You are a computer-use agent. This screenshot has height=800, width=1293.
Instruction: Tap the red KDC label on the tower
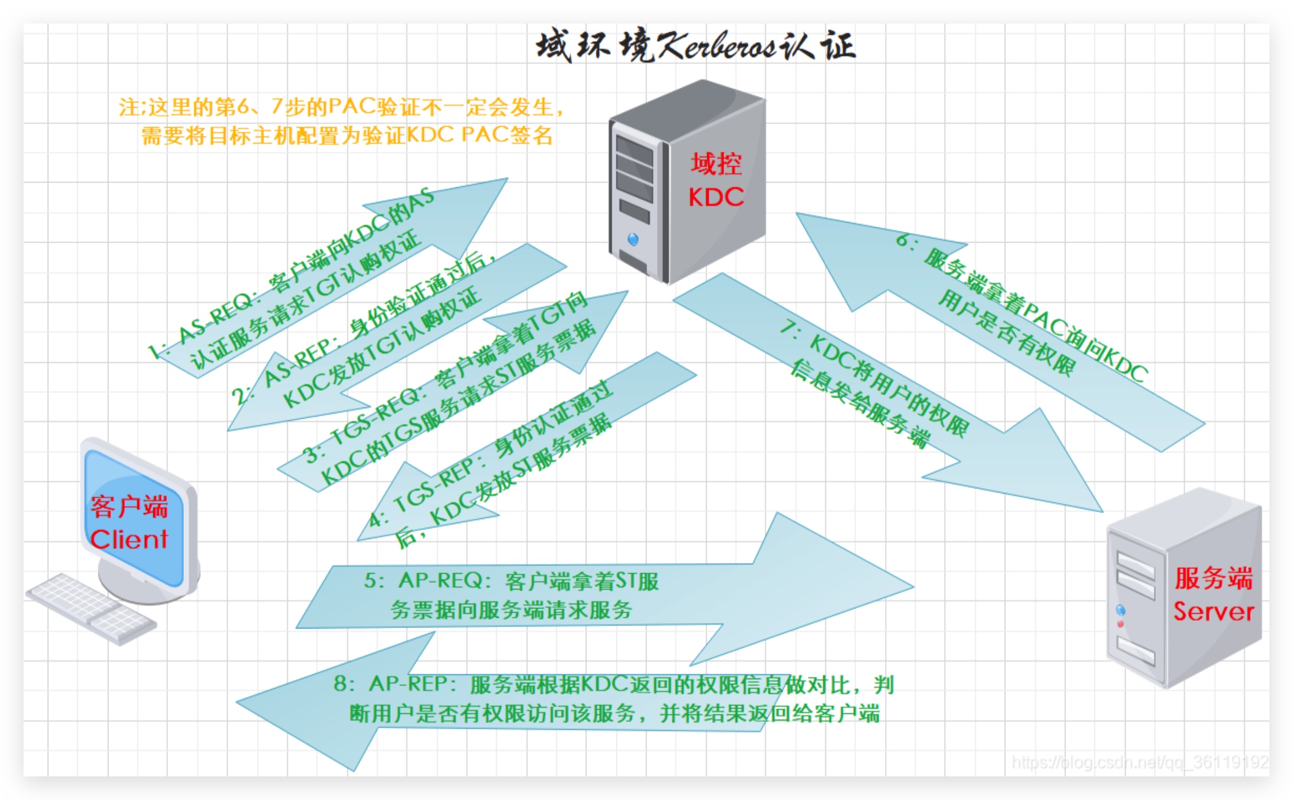[716, 197]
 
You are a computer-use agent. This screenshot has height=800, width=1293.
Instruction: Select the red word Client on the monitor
[129, 539]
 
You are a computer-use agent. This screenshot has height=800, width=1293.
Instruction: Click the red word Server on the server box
[1213, 611]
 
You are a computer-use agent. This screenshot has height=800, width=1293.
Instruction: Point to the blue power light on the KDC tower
[633, 239]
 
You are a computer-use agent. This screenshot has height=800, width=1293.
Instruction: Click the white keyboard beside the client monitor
[91, 608]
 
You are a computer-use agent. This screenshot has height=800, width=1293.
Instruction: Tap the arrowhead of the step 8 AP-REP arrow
[330, 701]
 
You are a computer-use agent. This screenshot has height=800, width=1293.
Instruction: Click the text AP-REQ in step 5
[441, 580]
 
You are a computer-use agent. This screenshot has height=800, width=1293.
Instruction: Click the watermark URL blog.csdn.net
[1140, 762]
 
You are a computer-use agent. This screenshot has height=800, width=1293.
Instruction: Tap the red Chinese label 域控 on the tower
[716, 164]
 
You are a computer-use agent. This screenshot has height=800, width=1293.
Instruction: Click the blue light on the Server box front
[1120, 610]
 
